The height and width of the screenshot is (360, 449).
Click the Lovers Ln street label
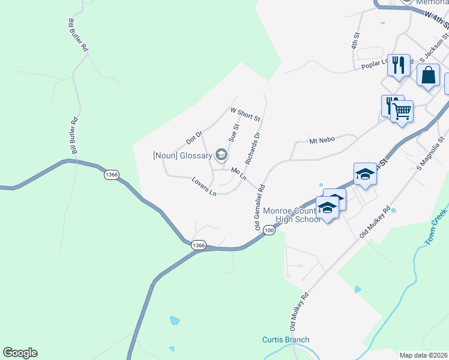tap(204, 187)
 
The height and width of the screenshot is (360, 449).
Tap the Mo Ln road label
tap(239, 174)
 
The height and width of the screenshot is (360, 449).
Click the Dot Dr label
tap(194, 138)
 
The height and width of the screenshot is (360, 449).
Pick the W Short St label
tap(245, 113)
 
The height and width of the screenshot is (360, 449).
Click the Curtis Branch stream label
tap(286, 340)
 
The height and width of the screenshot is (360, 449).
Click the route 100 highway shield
tap(269, 230)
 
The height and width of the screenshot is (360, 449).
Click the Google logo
tap(20, 353)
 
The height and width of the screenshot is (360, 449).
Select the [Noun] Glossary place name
tap(182, 156)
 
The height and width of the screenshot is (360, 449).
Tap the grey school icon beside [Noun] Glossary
tap(221, 155)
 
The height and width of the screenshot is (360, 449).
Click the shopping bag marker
tap(428, 76)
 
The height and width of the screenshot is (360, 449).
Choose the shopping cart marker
tap(402, 110)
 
